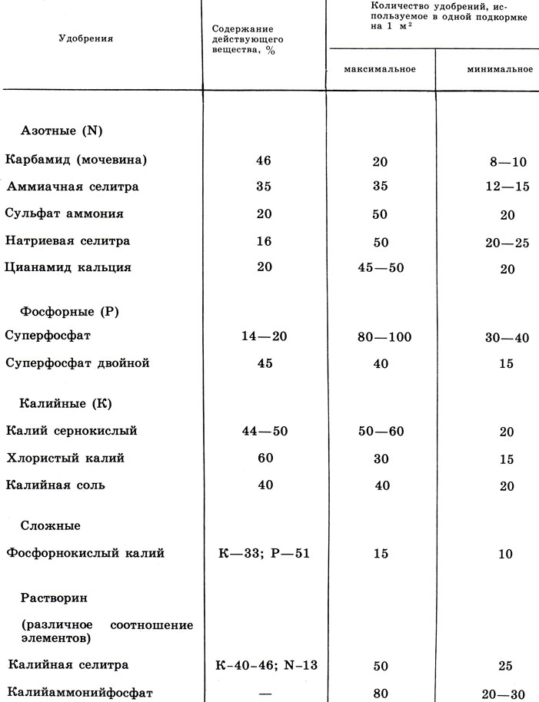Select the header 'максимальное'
(380, 69)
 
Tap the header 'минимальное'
(500, 69)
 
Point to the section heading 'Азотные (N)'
(60, 131)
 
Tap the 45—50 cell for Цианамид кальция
(380, 268)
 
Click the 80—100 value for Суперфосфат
(380, 337)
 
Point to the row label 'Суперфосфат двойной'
(76, 363)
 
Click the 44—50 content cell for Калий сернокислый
(265, 432)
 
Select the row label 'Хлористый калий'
(65, 458)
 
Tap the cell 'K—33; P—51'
(265, 553)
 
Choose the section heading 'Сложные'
(50, 525)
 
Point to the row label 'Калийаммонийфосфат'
(78, 692)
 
